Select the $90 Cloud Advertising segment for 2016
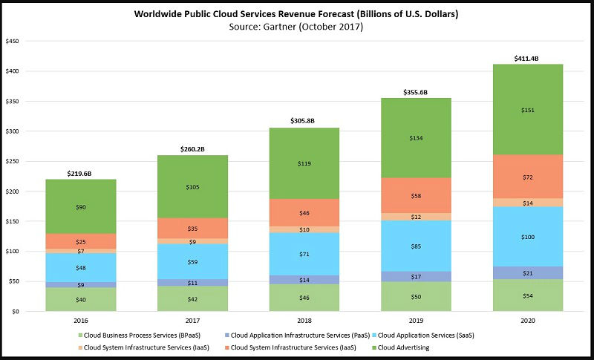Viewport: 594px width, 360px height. (81, 207)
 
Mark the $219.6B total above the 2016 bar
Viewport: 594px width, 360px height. (81, 173)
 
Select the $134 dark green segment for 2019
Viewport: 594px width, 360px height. (416, 137)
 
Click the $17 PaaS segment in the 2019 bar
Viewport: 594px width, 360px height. (416, 277)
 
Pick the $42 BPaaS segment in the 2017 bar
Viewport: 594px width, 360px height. (192, 299)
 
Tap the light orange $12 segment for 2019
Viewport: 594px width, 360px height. (416, 217)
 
